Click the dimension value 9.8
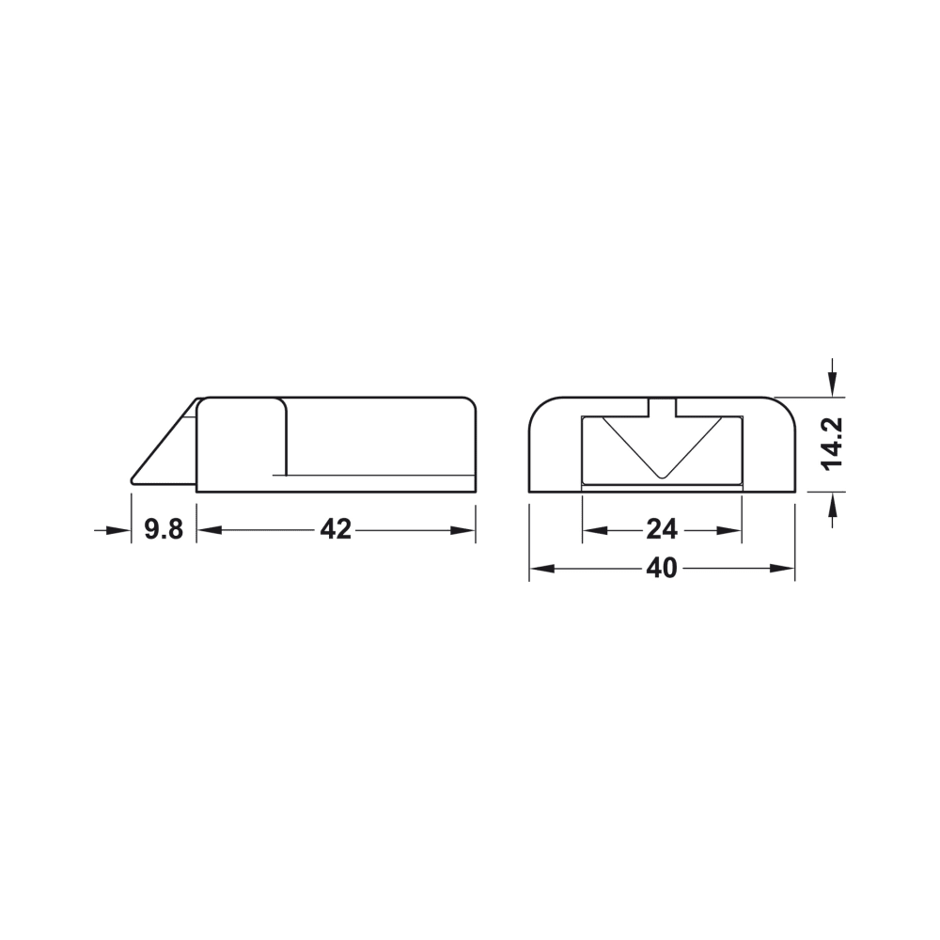click(163, 530)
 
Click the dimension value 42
click(335, 530)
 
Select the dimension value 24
click(662, 530)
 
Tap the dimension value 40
click(662, 569)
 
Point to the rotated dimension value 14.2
click(831, 443)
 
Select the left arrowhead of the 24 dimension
click(595, 530)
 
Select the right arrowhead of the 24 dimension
click(729, 530)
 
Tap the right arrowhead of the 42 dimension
click(463, 530)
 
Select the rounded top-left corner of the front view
click(539, 407)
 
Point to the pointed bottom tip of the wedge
click(133, 481)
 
